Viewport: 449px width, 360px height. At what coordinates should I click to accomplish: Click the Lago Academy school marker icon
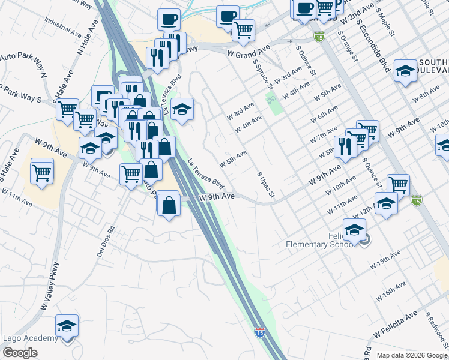click(67, 326)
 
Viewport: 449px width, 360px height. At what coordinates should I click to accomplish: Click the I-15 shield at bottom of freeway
click(259, 331)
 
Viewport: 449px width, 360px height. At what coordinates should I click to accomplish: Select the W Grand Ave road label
click(249, 54)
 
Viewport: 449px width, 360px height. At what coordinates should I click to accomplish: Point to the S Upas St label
click(265, 185)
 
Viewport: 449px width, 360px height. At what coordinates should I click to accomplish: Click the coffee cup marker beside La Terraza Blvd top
click(169, 19)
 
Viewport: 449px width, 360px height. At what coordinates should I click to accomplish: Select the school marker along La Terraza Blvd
click(182, 109)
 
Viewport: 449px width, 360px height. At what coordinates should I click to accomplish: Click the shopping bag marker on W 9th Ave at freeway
click(170, 204)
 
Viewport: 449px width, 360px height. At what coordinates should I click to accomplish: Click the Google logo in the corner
click(20, 353)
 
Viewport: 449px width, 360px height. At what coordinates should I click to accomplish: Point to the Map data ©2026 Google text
click(412, 355)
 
